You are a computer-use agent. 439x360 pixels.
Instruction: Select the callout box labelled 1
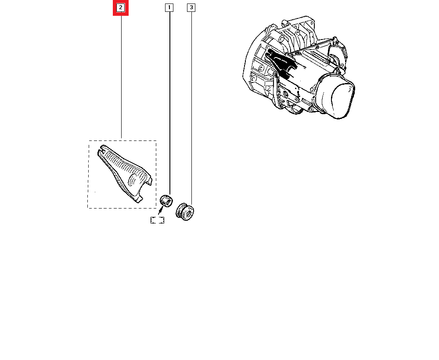point(169,7)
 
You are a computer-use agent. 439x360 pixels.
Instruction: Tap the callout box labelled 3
point(191,7)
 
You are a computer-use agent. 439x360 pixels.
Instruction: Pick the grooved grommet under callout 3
point(184,212)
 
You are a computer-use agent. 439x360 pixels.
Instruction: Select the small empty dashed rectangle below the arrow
point(157,220)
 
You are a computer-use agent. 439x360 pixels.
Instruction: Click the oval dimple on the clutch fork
point(134,180)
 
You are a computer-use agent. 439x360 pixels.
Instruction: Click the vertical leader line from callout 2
point(121,75)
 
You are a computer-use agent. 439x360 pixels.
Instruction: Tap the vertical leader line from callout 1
point(169,101)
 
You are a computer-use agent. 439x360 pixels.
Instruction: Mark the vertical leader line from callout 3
point(191,105)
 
